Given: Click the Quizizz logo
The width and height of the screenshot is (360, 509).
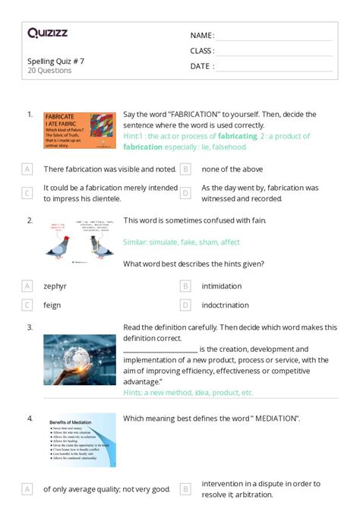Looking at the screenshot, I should click(47, 33).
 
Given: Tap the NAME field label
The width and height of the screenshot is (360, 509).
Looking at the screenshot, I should click(202, 36).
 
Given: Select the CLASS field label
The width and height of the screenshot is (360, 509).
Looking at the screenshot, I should click(202, 51).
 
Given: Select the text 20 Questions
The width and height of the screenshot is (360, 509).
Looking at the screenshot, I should click(49, 71).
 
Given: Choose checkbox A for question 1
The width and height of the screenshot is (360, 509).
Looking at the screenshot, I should click(27, 169).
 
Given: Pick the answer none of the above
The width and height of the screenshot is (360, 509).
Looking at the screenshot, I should click(232, 169).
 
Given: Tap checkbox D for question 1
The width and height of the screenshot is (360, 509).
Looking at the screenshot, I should click(185, 193).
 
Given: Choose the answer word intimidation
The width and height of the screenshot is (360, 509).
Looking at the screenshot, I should click(221, 286).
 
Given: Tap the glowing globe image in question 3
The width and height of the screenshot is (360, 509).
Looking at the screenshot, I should click(79, 360).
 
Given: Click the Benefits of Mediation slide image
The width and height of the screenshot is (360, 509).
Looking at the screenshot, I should click(79, 439).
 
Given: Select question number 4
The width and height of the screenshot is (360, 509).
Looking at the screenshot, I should click(30, 418).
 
